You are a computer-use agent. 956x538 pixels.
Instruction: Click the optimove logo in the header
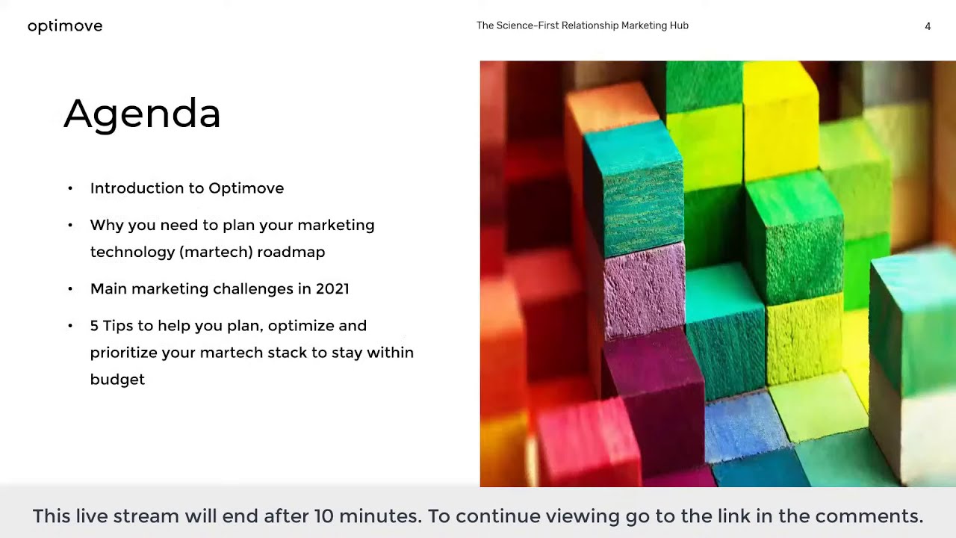pos(65,26)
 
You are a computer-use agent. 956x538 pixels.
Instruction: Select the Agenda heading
pos(142,114)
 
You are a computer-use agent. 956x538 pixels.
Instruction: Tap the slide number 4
pos(928,26)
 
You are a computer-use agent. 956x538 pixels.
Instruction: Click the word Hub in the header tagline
pos(679,25)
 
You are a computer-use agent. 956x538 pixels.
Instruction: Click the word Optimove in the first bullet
pos(246,188)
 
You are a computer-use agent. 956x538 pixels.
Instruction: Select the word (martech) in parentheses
pos(216,252)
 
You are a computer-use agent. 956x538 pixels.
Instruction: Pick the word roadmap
pos(291,252)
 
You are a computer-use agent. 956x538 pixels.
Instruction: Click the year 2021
pos(332,288)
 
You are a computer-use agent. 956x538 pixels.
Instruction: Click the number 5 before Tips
pos(94,326)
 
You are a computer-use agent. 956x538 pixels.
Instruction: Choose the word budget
pos(117,380)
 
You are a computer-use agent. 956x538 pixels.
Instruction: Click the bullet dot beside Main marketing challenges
pos(70,288)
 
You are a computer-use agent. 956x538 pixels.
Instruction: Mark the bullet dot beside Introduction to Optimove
pos(70,188)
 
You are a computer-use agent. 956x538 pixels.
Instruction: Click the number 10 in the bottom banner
pos(323,516)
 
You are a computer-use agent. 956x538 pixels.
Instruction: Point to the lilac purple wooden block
pos(644,288)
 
